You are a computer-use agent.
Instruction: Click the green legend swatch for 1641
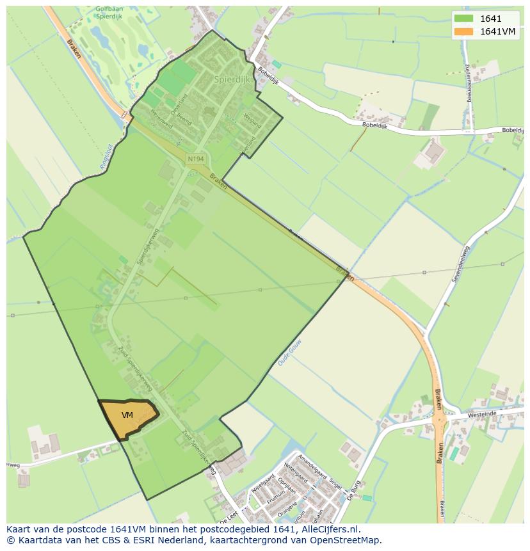[464, 19]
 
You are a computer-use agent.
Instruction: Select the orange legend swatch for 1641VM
[464, 31]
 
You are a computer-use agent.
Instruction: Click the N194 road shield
[195, 158]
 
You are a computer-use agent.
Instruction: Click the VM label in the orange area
[127, 415]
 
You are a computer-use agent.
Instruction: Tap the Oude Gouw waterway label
[289, 353]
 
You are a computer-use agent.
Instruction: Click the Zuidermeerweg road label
[469, 83]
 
